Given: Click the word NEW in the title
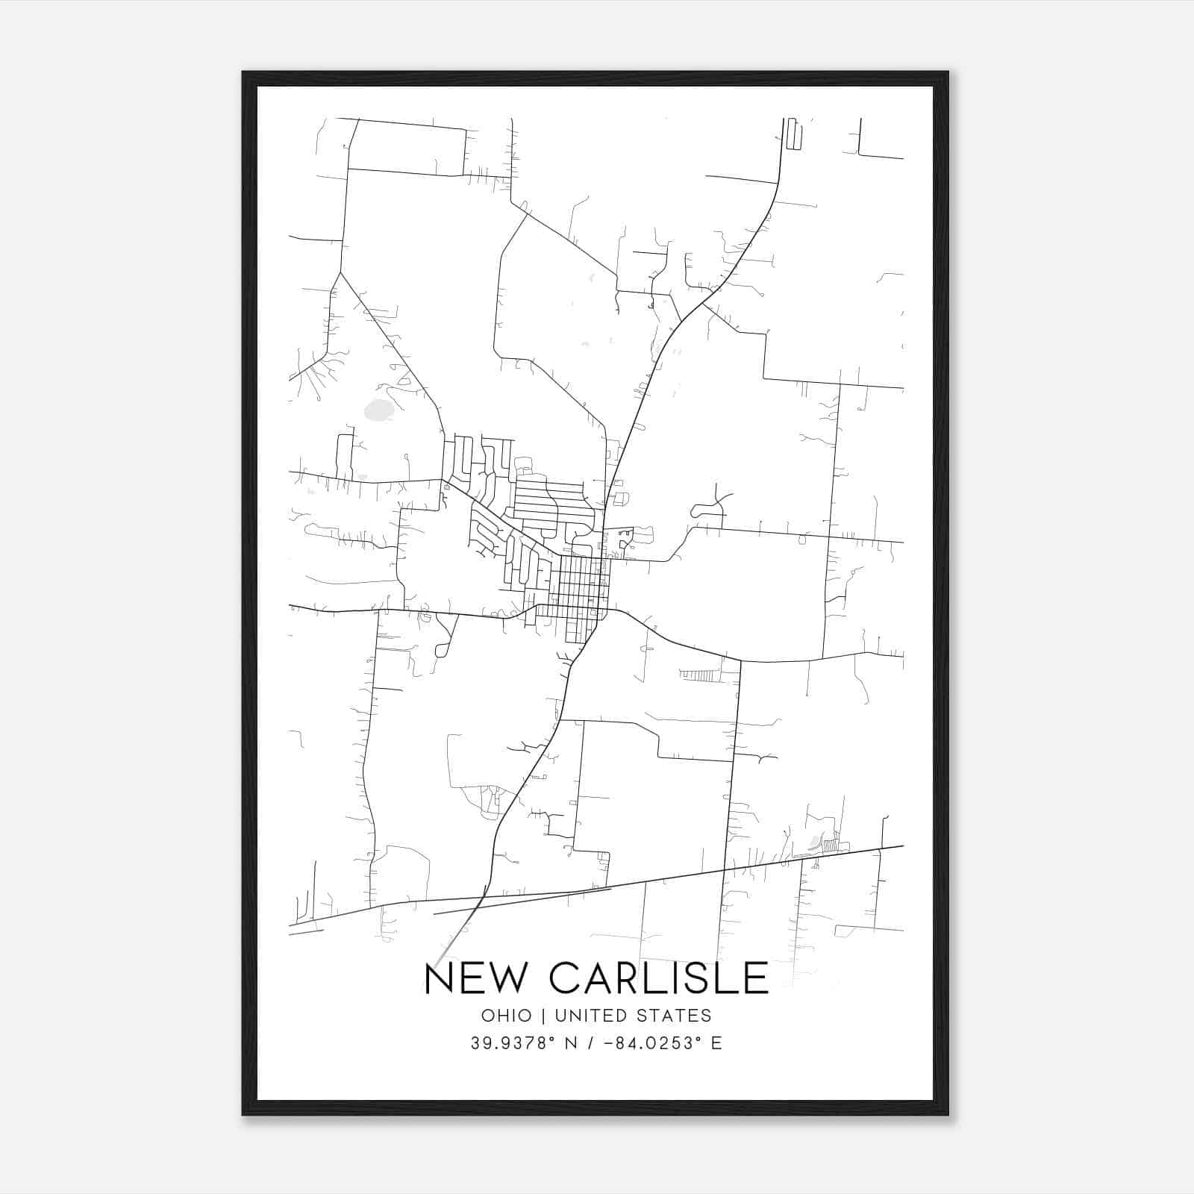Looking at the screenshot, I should click(x=475, y=978).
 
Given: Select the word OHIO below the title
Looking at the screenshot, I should click(x=507, y=1016).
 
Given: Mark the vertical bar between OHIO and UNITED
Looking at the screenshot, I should click(x=543, y=1016).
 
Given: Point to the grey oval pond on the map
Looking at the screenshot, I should click(x=379, y=410).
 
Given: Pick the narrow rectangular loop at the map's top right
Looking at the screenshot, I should click(x=793, y=134).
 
